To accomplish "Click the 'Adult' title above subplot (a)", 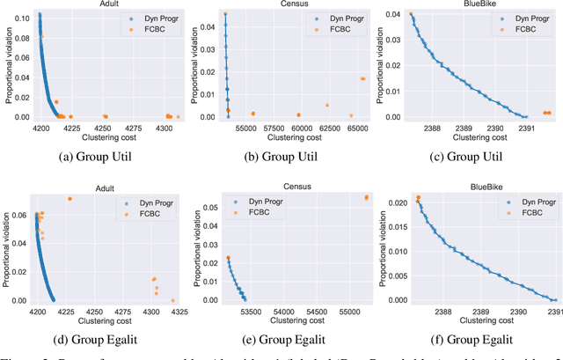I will (x=108, y=4).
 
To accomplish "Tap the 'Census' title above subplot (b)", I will (x=296, y=4).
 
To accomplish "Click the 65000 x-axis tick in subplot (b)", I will (x=357, y=129).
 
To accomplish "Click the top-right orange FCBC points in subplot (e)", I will (x=366, y=197).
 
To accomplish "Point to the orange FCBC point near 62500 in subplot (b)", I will (x=326, y=105).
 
